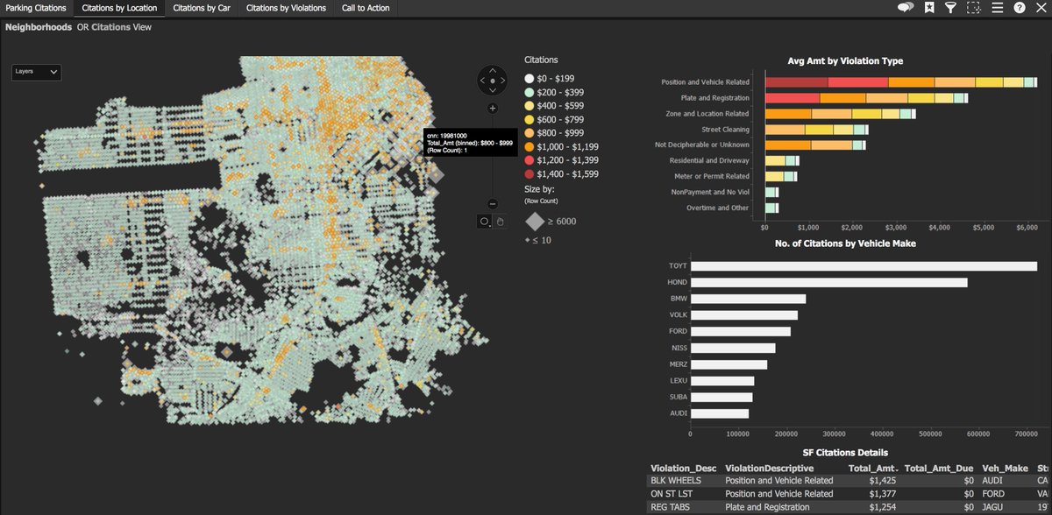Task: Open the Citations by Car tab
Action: (x=202, y=8)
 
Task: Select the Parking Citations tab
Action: (x=35, y=8)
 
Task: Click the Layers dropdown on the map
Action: (x=37, y=72)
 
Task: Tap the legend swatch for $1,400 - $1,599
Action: (x=529, y=175)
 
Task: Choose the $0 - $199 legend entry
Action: (x=529, y=77)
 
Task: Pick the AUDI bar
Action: (x=720, y=413)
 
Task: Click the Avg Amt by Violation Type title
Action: (x=845, y=61)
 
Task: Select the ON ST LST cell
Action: (x=671, y=493)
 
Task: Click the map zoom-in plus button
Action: (x=493, y=109)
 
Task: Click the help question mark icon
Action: (x=1019, y=8)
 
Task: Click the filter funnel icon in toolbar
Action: (x=950, y=8)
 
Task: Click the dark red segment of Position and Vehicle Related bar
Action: (x=795, y=81)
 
